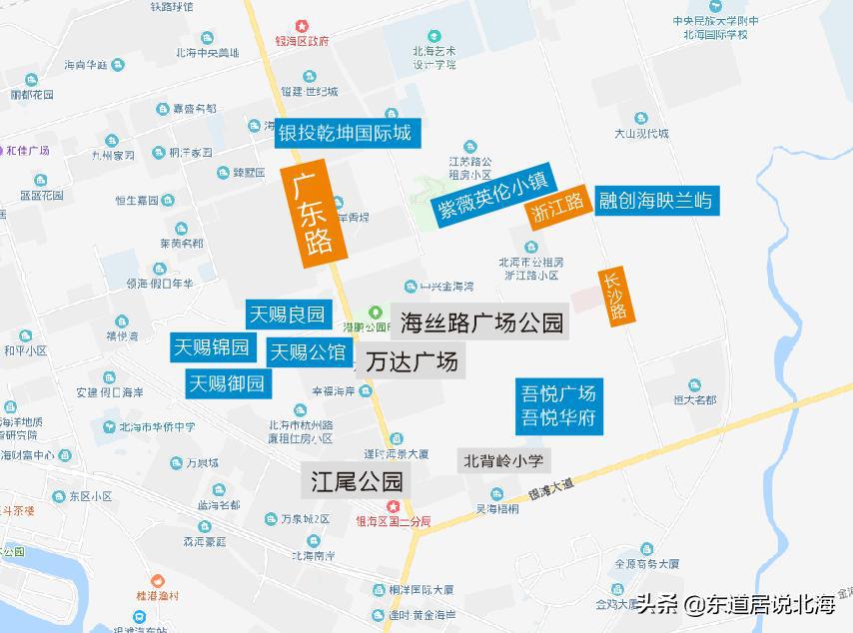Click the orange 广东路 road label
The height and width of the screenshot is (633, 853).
[x=313, y=216]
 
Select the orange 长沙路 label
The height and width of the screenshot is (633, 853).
[x=615, y=297]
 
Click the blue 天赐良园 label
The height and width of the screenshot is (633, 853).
[x=288, y=315]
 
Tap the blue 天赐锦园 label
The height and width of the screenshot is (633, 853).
[x=211, y=347]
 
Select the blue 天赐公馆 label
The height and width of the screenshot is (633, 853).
[x=309, y=351]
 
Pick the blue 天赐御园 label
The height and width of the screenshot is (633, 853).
[x=229, y=382]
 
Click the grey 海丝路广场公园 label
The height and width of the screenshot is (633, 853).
[x=480, y=323]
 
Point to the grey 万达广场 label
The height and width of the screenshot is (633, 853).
[x=412, y=360]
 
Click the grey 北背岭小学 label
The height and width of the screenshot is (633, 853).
[x=503, y=461]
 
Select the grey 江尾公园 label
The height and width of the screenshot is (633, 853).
[x=356, y=481]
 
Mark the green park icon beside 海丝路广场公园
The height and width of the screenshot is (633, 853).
[x=377, y=312]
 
